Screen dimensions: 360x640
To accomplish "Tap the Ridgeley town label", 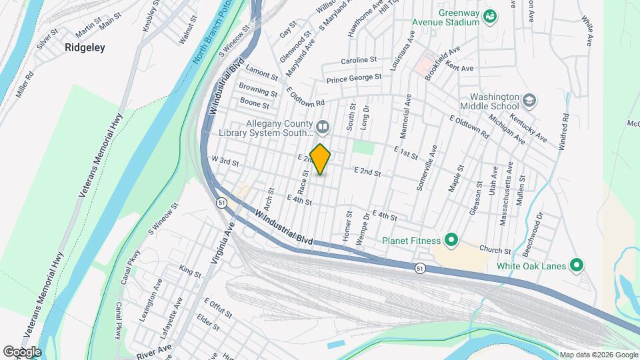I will [x=85, y=48].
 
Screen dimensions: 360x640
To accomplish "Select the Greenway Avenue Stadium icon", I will [x=490, y=15].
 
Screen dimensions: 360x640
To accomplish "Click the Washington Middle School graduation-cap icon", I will [x=529, y=100].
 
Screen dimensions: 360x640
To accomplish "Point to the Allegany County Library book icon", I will [x=323, y=126].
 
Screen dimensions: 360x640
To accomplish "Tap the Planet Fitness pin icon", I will [x=451, y=240].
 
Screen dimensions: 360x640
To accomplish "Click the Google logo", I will [x=22, y=351].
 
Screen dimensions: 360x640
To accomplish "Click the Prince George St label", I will [x=353, y=79].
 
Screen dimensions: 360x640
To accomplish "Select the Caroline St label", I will [x=359, y=61].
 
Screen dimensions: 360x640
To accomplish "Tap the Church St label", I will [x=498, y=251].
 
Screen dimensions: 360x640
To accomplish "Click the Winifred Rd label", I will [x=565, y=127].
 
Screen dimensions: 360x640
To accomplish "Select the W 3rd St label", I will [x=225, y=161].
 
